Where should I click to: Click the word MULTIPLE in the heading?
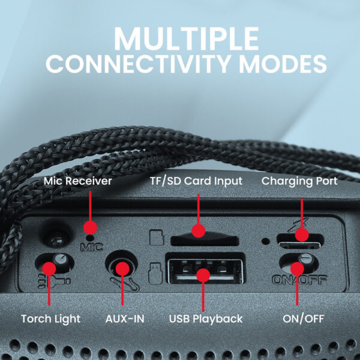pyautogui.click(x=187, y=38)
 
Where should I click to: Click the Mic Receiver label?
pyautogui.click(x=77, y=181)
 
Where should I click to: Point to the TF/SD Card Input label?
pyautogui.click(x=196, y=181)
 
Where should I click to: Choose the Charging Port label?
pyautogui.click(x=299, y=181)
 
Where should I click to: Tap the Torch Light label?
pyautogui.click(x=51, y=319)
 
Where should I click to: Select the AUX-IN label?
pyautogui.click(x=125, y=319)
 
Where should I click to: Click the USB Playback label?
pyautogui.click(x=206, y=319)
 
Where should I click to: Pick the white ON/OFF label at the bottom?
pyautogui.click(x=303, y=319)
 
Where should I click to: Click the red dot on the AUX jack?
pyautogui.click(x=122, y=269)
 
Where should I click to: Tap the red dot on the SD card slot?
pyautogui.click(x=199, y=231)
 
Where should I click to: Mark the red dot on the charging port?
pyautogui.click(x=302, y=235)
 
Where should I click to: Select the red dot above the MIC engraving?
pyautogui.click(x=90, y=227)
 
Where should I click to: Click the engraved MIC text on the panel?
pyautogui.click(x=91, y=247)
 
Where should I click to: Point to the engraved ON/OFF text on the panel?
pyautogui.click(x=299, y=280)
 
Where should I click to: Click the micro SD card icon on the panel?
pyautogui.click(x=157, y=238)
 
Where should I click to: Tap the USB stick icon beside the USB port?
pyautogui.click(x=155, y=273)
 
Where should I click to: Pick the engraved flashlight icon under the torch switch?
pyautogui.click(x=54, y=281)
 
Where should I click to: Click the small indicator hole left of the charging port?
pyautogui.click(x=266, y=241)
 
